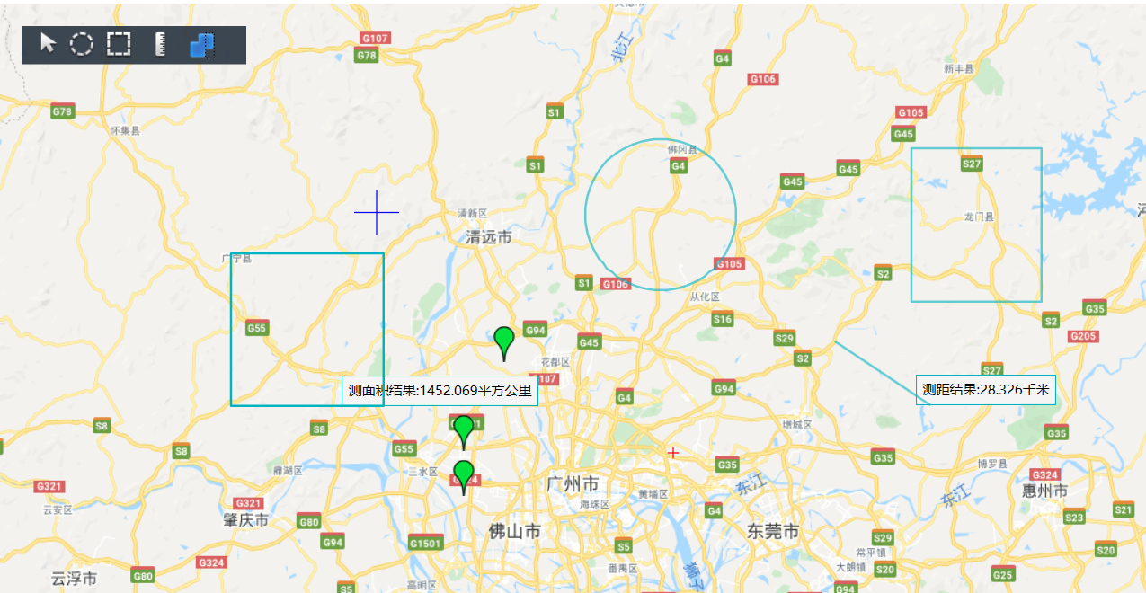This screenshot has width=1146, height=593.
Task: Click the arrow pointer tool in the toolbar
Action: coord(49,43)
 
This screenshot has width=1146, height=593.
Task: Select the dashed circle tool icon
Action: coord(82,44)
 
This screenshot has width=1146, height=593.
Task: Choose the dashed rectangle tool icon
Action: coord(119,44)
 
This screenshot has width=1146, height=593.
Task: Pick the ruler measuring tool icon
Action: coord(162,44)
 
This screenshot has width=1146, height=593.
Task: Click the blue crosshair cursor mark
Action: coord(376,212)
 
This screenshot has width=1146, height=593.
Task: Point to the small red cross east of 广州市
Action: coord(672,453)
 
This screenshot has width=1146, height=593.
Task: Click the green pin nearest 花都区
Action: coord(504,342)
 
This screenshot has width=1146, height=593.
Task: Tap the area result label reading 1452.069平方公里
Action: coord(440,391)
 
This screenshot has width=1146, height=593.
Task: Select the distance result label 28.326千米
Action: coord(985,390)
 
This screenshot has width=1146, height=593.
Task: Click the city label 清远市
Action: coord(489,237)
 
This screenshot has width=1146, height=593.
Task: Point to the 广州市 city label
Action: coord(573,485)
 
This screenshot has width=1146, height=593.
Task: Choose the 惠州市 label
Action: coord(1045,491)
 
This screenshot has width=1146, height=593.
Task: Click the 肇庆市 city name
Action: coord(246,520)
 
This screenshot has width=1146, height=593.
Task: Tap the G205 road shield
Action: coord(1084,336)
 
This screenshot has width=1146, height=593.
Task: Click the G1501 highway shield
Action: coord(425,543)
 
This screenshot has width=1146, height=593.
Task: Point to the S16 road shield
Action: coord(723,319)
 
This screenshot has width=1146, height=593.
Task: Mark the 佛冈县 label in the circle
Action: coord(683,149)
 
